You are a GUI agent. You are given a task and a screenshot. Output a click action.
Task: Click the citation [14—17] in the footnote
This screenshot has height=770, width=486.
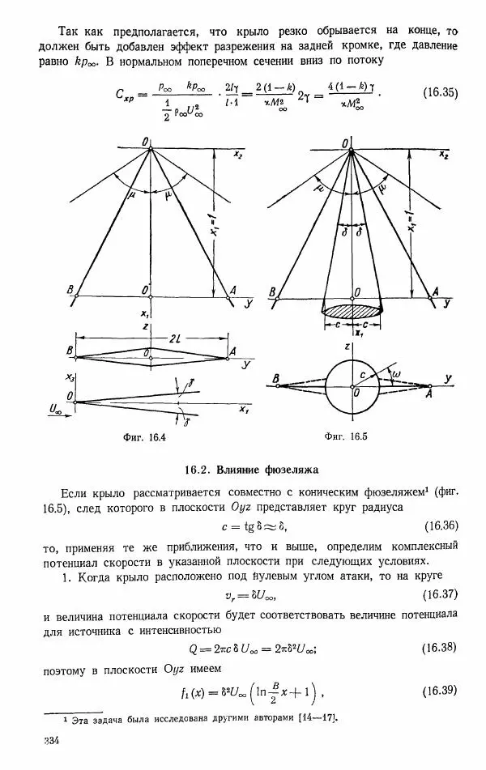tap(315, 719)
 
